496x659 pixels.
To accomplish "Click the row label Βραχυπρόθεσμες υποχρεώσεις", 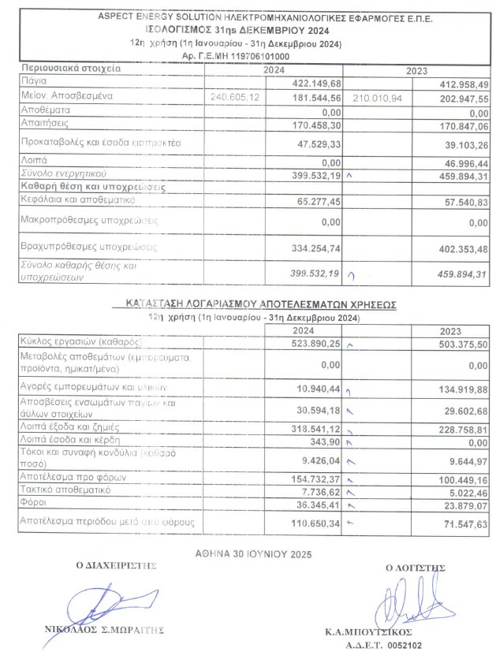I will click(x=89, y=248).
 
